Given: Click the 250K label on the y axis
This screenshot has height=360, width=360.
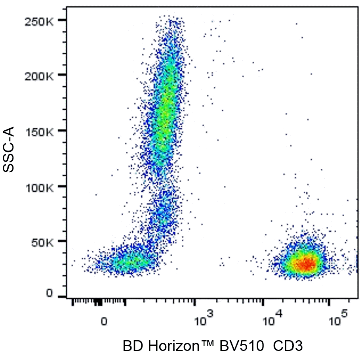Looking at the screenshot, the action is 39,22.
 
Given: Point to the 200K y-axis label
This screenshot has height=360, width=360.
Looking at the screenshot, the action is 39,76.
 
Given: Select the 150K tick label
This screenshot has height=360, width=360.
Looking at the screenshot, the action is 40,132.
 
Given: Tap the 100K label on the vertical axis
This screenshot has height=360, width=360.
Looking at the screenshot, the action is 40,188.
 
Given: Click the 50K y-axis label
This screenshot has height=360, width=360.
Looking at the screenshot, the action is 42,243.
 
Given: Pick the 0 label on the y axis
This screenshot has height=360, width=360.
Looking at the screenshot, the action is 50,293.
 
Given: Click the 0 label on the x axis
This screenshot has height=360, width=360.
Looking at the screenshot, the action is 104,322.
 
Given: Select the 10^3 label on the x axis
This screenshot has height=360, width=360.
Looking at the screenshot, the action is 204,318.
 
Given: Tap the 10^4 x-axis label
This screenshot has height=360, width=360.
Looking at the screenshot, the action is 272,318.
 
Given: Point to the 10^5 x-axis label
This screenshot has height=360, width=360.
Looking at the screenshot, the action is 339,318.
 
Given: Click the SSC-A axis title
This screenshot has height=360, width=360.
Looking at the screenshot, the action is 9,149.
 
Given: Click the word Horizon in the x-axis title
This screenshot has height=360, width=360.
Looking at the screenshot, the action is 173,346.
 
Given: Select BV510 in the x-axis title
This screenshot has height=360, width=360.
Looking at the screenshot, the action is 242,346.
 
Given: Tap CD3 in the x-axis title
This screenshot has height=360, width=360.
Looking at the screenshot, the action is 288,346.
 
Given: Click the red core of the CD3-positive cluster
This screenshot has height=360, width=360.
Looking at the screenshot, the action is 305,264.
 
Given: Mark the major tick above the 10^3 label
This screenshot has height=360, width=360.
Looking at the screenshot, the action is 195,302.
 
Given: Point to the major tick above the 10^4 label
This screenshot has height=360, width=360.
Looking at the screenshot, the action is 263,302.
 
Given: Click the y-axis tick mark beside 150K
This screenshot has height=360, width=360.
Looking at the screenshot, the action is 62,130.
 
